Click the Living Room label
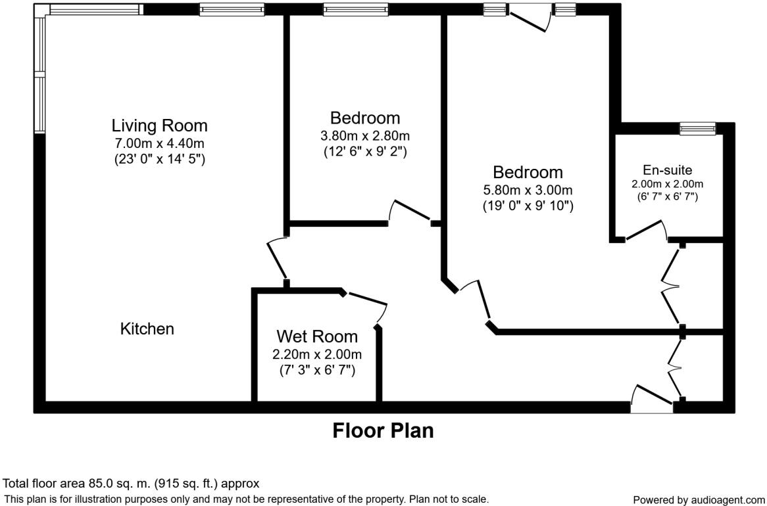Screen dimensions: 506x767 159,125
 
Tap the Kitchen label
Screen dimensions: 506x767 147,329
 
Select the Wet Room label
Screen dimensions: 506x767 317,337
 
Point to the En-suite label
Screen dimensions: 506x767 668,170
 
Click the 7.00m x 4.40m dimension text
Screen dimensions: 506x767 159,143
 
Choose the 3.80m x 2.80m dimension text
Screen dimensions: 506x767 365,136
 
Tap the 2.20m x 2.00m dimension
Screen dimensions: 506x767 317,355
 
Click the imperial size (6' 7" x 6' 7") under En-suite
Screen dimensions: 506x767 668,196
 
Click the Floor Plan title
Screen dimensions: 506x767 383,430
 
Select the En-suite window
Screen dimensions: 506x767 697,128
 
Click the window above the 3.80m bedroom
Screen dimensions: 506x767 355,9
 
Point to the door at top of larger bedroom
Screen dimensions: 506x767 530,16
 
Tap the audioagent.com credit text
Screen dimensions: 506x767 699,500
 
